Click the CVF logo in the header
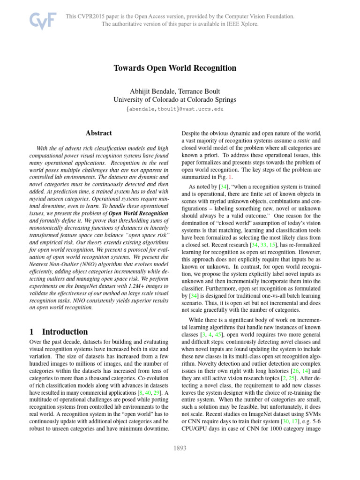[43, 21]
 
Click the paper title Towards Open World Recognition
[175, 68]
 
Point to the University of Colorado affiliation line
[175, 99]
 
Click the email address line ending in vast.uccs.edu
[175, 109]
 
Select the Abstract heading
[98, 133]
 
